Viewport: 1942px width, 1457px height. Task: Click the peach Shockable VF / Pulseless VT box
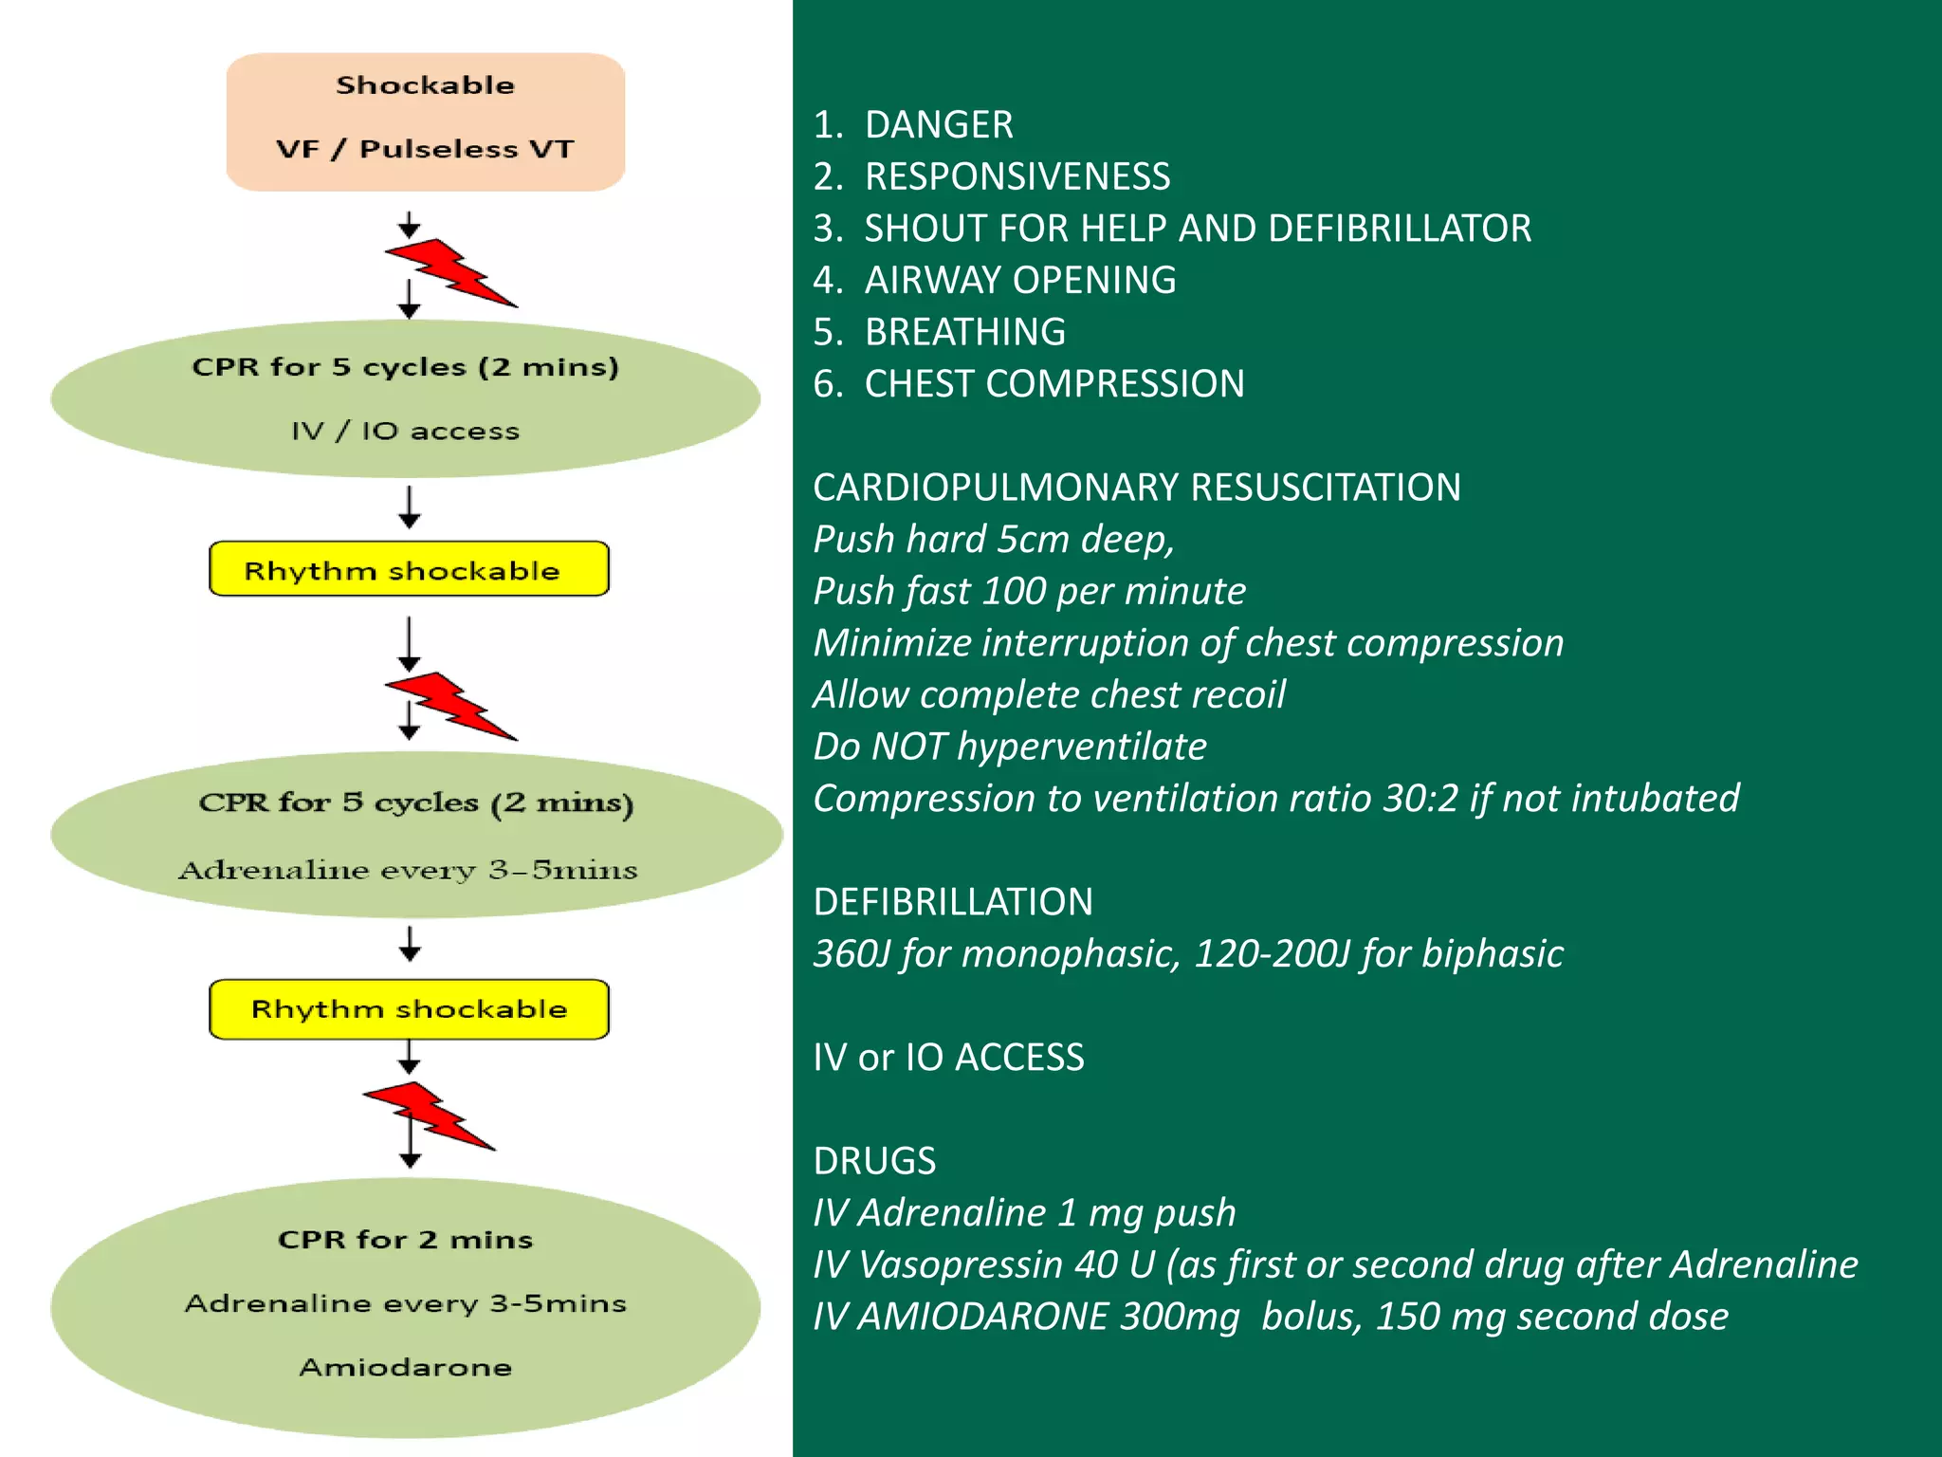(x=425, y=121)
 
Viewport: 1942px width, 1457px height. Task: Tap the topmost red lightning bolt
(x=449, y=272)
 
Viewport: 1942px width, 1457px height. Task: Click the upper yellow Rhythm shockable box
(x=409, y=569)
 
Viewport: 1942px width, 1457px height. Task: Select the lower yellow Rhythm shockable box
(x=409, y=1009)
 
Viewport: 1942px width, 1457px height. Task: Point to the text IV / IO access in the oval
(x=406, y=432)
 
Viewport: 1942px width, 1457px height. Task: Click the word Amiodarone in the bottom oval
(x=406, y=1367)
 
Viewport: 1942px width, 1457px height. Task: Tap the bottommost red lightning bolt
(x=429, y=1116)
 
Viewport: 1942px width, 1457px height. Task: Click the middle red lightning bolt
(x=449, y=706)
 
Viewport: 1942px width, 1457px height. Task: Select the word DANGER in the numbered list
(x=939, y=125)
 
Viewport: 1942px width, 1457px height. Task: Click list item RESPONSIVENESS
(x=1017, y=177)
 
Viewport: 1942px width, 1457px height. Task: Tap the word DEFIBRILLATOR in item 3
(x=1400, y=229)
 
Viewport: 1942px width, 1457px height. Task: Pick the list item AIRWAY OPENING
(x=1020, y=281)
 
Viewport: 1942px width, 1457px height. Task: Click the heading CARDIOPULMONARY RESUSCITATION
(x=1136, y=488)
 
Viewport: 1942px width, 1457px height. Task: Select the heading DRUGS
(x=874, y=1161)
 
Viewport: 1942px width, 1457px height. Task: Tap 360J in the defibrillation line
(x=852, y=954)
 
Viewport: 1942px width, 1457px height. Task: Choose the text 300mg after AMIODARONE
(x=1180, y=1317)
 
